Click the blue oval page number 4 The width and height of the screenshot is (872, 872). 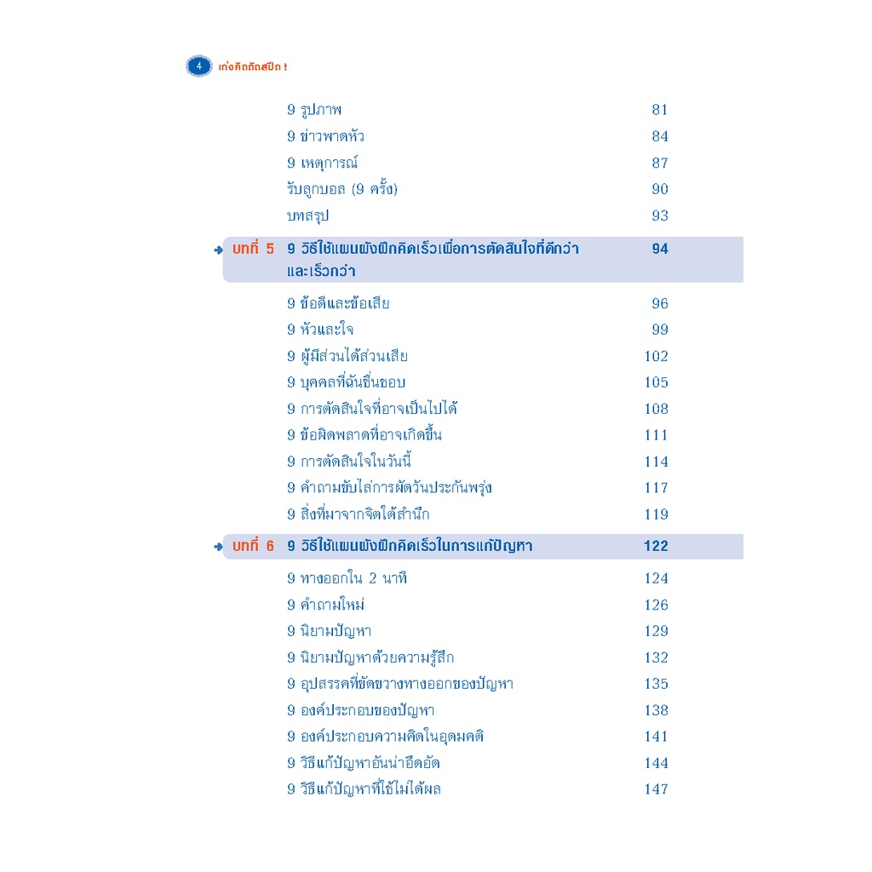pyautogui.click(x=198, y=66)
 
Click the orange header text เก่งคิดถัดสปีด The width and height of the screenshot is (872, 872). pyautogui.click(x=253, y=66)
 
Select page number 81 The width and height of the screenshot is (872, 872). pyautogui.click(x=660, y=110)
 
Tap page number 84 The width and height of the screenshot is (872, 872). pyautogui.click(x=660, y=136)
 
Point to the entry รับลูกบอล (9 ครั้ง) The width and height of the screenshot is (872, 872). pyautogui.click(x=342, y=189)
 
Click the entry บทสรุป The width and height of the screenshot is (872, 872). pyautogui.click(x=307, y=215)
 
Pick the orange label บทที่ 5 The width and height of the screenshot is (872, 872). pyautogui.click(x=253, y=248)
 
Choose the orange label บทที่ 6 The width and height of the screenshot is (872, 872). pyautogui.click(x=253, y=546)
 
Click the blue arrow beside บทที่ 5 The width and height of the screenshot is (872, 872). pyautogui.click(x=218, y=250)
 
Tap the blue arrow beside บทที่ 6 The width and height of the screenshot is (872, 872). pyautogui.click(x=218, y=548)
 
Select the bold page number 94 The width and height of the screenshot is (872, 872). pyautogui.click(x=660, y=249)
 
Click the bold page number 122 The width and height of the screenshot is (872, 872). pyautogui.click(x=656, y=546)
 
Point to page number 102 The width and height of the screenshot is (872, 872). pyautogui.click(x=656, y=356)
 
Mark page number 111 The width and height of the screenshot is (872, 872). pyautogui.click(x=656, y=435)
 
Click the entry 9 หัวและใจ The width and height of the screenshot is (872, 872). pyautogui.click(x=320, y=330)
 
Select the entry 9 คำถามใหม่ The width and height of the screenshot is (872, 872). pyautogui.click(x=326, y=604)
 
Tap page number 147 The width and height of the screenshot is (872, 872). pyautogui.click(x=656, y=789)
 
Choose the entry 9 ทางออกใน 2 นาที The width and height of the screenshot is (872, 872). pyautogui.click(x=347, y=578)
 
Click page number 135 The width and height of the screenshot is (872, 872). pyautogui.click(x=656, y=684)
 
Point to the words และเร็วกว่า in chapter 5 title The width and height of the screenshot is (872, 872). pyautogui.click(x=321, y=271)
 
